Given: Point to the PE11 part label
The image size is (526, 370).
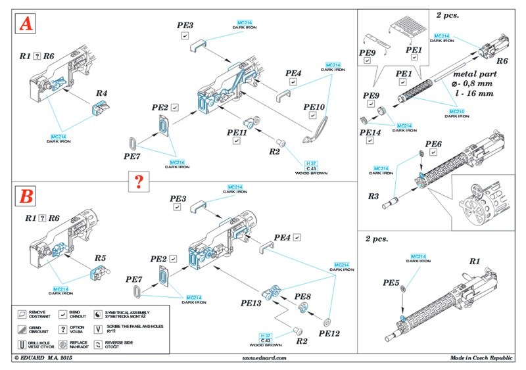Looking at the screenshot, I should point(236,132).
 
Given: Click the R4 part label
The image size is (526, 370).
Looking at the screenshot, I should point(102,93).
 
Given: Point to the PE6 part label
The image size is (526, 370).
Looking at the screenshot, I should point(433,144).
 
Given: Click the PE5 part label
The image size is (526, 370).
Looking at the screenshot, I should point(393,283).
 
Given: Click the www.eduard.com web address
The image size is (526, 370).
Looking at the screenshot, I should point(262,358).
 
